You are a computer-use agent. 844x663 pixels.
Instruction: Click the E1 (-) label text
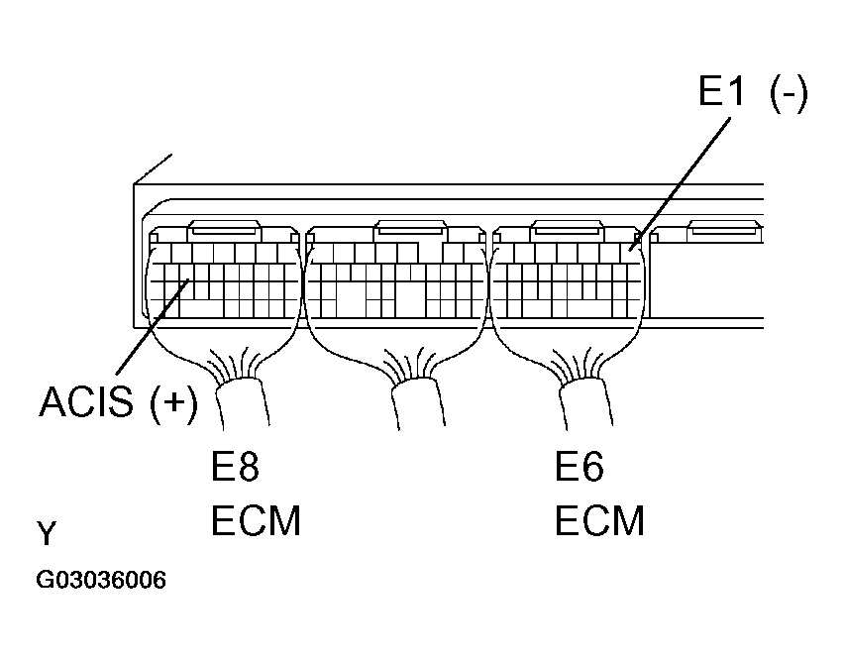pyautogui.click(x=753, y=92)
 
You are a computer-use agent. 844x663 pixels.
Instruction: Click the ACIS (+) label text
pyautogui.click(x=119, y=401)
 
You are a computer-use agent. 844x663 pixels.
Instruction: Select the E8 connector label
pyautogui.click(x=235, y=467)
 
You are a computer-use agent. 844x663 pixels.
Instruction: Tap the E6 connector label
pyautogui.click(x=580, y=467)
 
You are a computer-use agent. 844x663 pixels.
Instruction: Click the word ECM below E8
pyautogui.click(x=256, y=520)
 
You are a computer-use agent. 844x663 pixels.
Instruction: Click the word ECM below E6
pyautogui.click(x=599, y=520)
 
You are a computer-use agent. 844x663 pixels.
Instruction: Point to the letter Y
pyautogui.click(x=47, y=533)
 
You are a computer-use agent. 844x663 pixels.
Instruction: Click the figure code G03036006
pyautogui.click(x=101, y=580)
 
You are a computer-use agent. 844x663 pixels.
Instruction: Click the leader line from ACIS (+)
pyautogui.click(x=152, y=326)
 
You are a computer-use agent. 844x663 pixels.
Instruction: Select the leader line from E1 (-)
pyautogui.click(x=681, y=183)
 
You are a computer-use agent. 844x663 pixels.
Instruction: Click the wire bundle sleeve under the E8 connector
pyautogui.click(x=243, y=403)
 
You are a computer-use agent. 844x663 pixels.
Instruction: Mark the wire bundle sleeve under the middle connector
pyautogui.click(x=418, y=403)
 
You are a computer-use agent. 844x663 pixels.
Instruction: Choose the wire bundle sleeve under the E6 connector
pyautogui.click(x=586, y=403)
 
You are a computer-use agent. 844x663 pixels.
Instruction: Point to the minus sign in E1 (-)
pyautogui.click(x=789, y=95)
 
